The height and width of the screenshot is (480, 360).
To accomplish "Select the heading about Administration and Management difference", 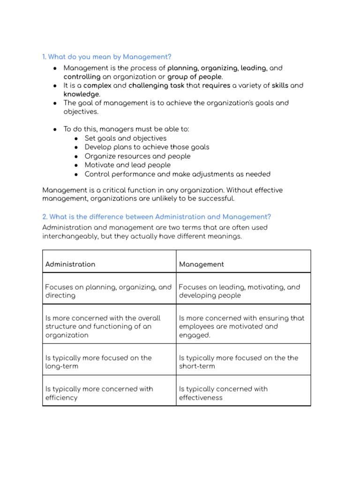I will click(x=157, y=217).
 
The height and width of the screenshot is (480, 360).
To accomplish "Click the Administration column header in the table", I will click(x=70, y=264).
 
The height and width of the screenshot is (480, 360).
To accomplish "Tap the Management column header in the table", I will click(x=202, y=264).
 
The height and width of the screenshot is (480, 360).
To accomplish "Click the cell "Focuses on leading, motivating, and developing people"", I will click(x=239, y=291).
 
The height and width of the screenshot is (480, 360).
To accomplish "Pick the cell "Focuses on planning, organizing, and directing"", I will click(x=108, y=291).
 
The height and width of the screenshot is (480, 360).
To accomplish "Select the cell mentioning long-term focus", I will click(x=98, y=362).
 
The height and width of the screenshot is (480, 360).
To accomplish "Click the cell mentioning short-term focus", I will click(x=238, y=362).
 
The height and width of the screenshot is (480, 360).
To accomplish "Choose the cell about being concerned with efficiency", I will click(x=98, y=393).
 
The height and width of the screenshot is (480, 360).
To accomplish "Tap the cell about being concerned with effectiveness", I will click(x=223, y=393).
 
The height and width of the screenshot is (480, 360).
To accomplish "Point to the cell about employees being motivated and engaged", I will click(x=241, y=326).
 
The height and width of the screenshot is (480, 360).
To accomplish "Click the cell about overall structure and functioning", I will click(x=103, y=326).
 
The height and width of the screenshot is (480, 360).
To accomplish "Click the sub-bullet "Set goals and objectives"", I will click(x=126, y=138).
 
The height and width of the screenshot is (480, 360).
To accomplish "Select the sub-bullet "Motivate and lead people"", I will click(x=127, y=165).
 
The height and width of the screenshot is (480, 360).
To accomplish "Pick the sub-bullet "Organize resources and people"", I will click(x=137, y=156).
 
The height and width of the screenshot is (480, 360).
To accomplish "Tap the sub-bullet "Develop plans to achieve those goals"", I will click(x=147, y=147).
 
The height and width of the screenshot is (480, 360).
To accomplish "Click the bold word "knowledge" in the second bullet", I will click(x=82, y=94).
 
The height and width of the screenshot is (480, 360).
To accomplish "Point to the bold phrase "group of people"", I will click(x=195, y=77).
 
